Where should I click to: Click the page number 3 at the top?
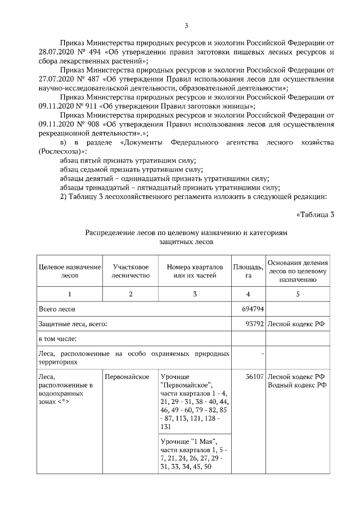tap(186, 25)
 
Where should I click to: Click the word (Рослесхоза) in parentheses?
tap(62, 152)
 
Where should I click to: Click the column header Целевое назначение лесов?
tap(69, 271)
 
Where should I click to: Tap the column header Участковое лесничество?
tap(130, 271)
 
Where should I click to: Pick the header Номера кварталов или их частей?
tap(195, 271)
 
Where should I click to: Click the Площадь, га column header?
tap(248, 271)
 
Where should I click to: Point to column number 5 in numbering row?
tap(298, 294)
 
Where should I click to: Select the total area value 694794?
tap(253, 309)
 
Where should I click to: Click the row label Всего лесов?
tap(57, 309)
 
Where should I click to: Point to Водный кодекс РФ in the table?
tap(296, 385)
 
